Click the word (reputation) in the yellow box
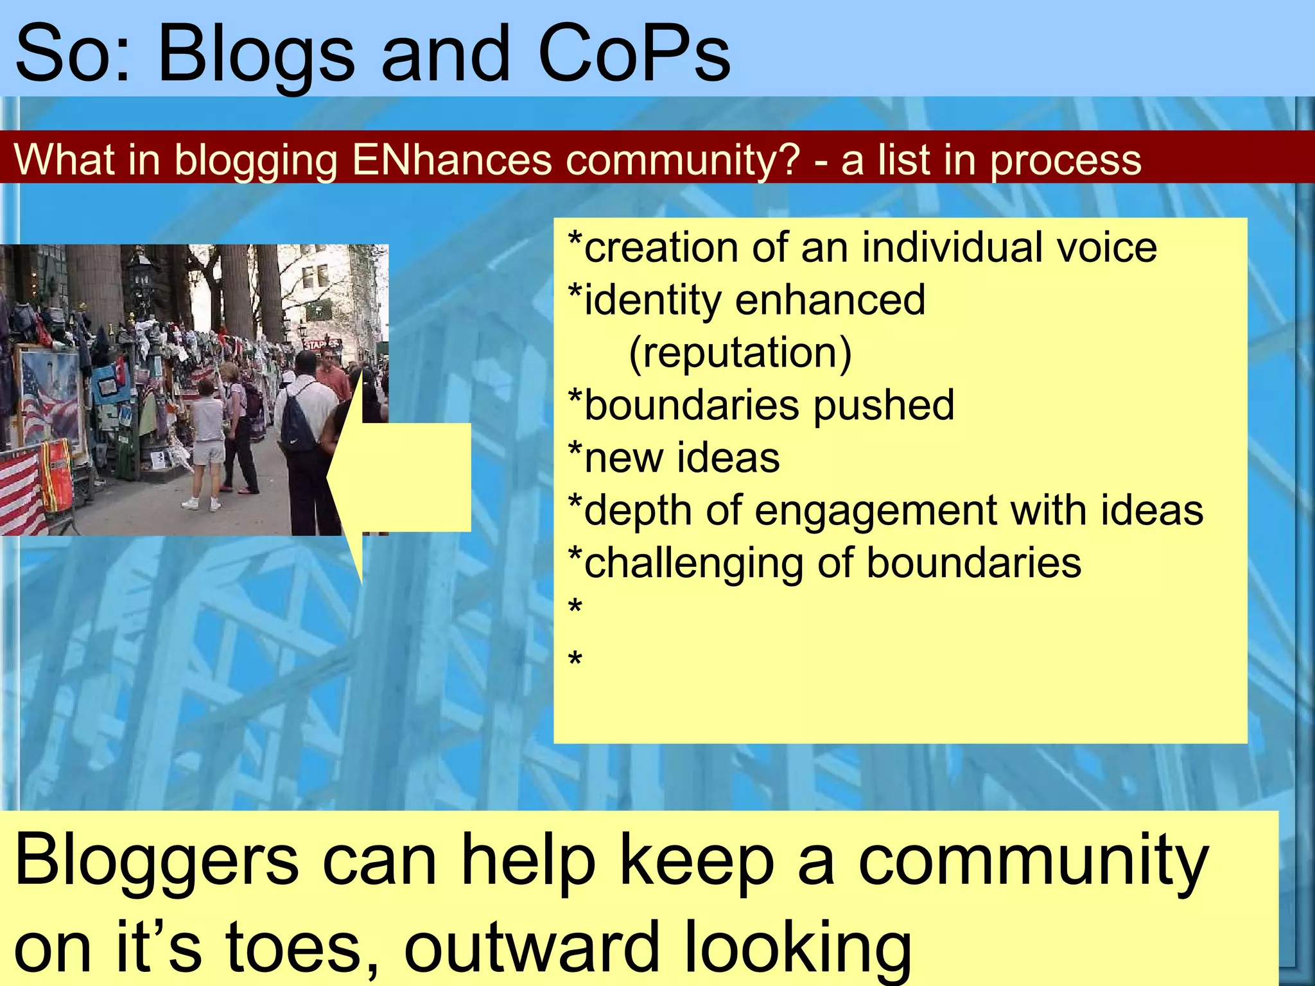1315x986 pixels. pyautogui.click(x=740, y=353)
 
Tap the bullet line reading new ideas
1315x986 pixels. pyautogui.click(x=674, y=458)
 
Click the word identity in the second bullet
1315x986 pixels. pyautogui.click(x=652, y=300)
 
